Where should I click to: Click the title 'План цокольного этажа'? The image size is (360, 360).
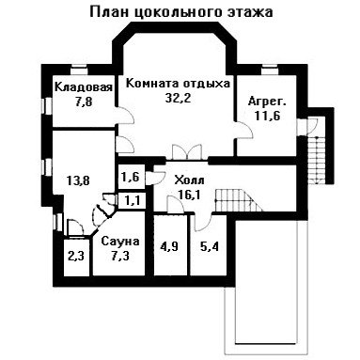(181, 12)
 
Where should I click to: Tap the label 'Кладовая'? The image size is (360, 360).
(84, 86)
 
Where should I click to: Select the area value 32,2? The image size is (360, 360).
(179, 98)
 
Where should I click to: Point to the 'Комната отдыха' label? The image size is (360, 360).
(178, 84)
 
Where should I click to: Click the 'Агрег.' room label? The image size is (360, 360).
(267, 102)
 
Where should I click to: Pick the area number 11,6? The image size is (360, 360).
(267, 116)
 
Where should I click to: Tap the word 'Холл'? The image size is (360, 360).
(190, 180)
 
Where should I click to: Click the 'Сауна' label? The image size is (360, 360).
(120, 242)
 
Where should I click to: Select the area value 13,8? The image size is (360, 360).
(78, 180)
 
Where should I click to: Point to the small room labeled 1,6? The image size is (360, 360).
(131, 177)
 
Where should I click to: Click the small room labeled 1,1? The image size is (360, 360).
(132, 200)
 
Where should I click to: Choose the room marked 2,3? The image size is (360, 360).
(77, 258)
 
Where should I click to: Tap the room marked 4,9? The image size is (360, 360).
(169, 246)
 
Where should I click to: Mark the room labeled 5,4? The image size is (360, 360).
(209, 246)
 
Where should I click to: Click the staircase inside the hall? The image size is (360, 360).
(239, 200)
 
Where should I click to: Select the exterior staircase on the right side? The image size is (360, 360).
(318, 160)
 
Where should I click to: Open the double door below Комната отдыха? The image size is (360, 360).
(187, 152)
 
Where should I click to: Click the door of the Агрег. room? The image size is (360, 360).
(244, 130)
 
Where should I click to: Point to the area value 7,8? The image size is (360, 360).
(84, 102)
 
